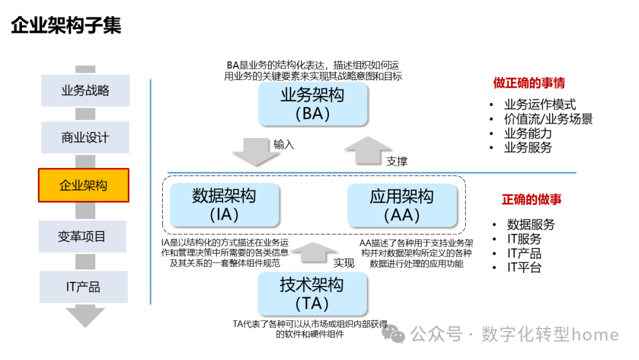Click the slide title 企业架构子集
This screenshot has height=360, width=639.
click(66, 26)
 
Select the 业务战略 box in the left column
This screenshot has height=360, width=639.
click(85, 91)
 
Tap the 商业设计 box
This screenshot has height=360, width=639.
click(85, 137)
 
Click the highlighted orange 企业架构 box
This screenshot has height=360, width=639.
click(83, 185)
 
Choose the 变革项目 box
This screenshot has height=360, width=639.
click(82, 236)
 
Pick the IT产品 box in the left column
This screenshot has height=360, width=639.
click(83, 287)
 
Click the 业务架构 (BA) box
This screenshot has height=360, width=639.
click(312, 104)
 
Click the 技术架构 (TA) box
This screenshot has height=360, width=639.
click(312, 294)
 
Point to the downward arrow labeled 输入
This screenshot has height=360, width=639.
click(255, 150)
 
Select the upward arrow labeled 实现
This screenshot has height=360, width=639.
click(313, 252)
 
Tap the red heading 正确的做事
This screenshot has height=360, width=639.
click(531, 200)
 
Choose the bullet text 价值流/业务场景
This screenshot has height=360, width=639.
click(548, 119)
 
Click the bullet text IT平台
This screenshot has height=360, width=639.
click(524, 268)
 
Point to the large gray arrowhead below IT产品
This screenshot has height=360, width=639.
click(85, 316)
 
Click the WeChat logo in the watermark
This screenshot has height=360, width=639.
click(394, 335)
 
